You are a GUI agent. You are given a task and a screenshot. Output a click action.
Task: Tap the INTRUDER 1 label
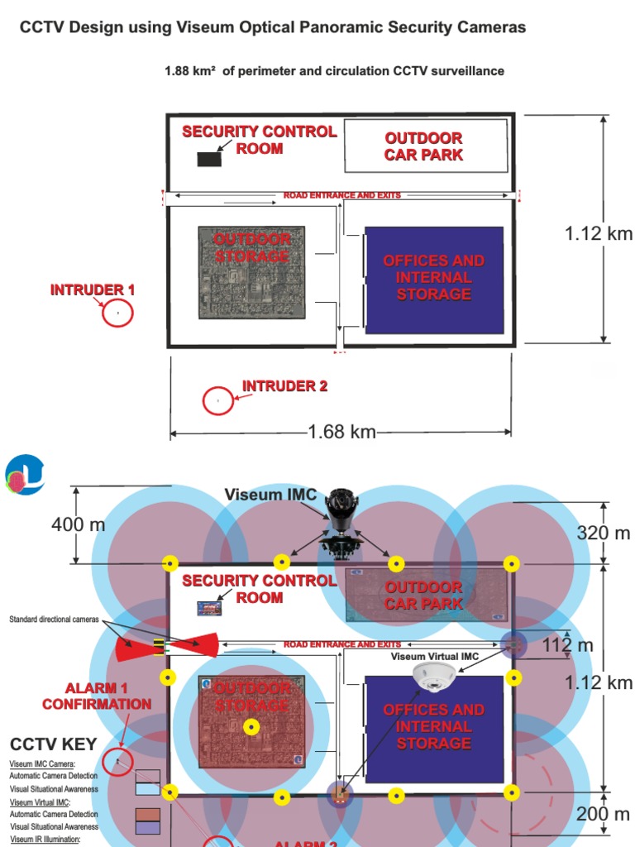(x=93, y=290)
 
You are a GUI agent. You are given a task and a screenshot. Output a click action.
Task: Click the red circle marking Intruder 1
(x=117, y=313)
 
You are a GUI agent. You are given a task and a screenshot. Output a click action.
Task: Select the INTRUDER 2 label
(x=284, y=386)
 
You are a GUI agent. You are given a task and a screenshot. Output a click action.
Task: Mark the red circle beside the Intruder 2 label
(x=218, y=400)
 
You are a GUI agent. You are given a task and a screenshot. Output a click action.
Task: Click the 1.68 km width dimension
(x=341, y=431)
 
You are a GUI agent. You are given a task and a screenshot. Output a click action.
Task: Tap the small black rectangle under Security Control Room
(x=209, y=160)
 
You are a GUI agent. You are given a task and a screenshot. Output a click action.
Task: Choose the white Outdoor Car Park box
(x=425, y=146)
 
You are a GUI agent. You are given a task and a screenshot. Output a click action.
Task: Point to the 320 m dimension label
(x=604, y=532)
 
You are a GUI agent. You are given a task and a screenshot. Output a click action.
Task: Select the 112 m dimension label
(x=568, y=645)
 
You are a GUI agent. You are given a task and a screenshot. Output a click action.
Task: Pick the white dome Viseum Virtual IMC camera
(x=434, y=677)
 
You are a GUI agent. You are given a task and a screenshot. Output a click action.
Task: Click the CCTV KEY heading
(x=54, y=744)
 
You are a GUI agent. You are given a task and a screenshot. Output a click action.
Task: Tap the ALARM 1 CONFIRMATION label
(x=97, y=696)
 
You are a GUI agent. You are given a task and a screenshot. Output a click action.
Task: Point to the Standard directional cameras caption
(x=54, y=620)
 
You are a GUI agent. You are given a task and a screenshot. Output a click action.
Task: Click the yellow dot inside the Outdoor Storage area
(x=251, y=726)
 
